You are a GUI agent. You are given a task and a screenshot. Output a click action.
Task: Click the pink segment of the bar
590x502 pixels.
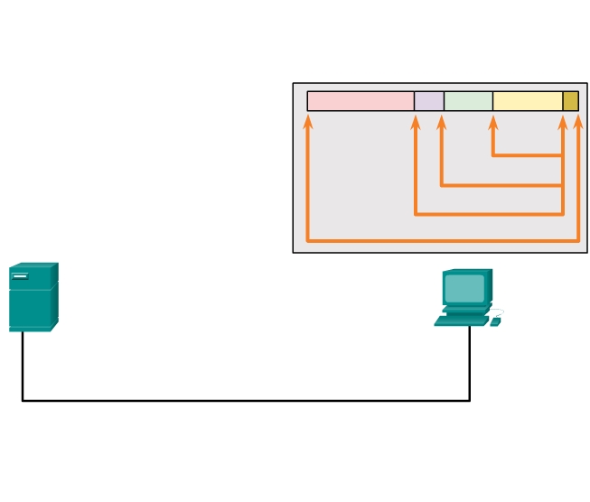(361, 101)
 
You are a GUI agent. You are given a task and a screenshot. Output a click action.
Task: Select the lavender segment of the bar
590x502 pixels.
(429, 101)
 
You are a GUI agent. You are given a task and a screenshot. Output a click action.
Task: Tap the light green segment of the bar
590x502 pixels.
(468, 101)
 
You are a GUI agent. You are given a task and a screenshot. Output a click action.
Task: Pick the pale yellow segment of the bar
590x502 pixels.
(528, 101)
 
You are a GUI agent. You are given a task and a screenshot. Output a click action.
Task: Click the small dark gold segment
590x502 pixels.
(570, 101)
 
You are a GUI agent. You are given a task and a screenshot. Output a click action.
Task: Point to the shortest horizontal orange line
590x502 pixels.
(528, 155)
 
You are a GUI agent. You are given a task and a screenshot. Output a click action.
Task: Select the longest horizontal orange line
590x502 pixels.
(443, 241)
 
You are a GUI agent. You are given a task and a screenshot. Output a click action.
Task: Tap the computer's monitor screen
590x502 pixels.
(465, 288)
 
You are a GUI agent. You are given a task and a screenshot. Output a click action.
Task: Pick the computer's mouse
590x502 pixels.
(494, 321)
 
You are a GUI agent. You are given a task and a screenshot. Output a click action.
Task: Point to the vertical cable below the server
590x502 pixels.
(23, 365)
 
